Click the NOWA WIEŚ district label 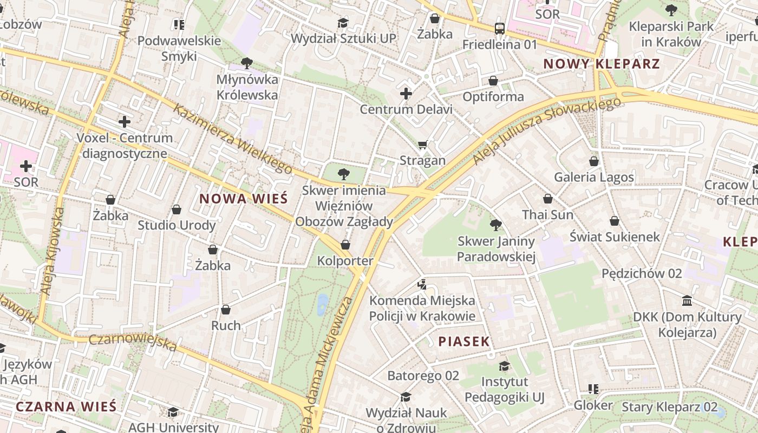243,198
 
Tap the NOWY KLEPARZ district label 602,64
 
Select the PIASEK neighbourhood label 463,341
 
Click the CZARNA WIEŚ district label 66,406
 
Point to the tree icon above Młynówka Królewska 247,63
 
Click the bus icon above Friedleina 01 499,28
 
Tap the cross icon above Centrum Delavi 406,94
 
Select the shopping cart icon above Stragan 422,145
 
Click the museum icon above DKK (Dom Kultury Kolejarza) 687,300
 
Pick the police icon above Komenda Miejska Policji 422,284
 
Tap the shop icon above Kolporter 345,245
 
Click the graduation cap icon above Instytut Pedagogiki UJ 504,366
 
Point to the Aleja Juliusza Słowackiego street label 547,131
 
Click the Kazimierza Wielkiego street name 233,139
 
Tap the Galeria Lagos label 593,177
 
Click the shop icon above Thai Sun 547,199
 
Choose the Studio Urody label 177,225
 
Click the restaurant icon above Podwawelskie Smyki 179,24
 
